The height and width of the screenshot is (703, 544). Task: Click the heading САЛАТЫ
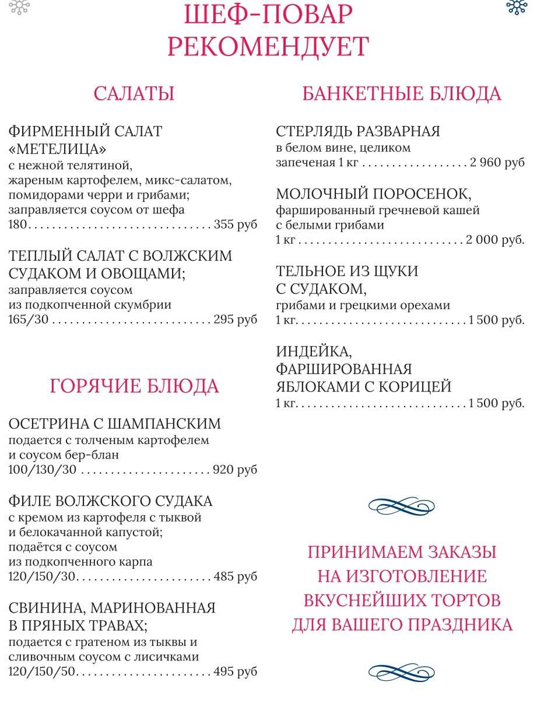(x=134, y=94)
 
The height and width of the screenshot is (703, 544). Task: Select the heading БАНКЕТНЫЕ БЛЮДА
(x=402, y=94)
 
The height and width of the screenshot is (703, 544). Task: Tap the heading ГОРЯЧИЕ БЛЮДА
(x=134, y=386)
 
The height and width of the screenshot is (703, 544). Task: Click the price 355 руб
(x=236, y=225)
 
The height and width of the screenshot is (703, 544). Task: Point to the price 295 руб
(x=236, y=319)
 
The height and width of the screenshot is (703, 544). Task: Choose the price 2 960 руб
(x=497, y=162)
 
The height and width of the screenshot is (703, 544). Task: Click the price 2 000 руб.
(x=495, y=239)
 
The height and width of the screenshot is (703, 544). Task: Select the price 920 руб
(x=236, y=470)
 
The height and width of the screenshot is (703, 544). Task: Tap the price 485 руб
(x=236, y=576)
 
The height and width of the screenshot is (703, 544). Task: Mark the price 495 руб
(x=236, y=671)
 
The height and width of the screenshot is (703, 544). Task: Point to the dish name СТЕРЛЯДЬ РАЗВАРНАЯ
(x=358, y=131)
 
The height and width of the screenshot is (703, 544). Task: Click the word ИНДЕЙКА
(x=314, y=352)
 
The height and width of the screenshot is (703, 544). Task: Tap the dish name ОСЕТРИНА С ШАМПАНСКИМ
(x=115, y=424)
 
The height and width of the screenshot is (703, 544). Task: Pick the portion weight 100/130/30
(x=43, y=470)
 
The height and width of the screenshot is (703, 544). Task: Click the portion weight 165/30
(x=29, y=319)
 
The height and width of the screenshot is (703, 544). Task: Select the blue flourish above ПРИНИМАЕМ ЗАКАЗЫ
(x=402, y=506)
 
